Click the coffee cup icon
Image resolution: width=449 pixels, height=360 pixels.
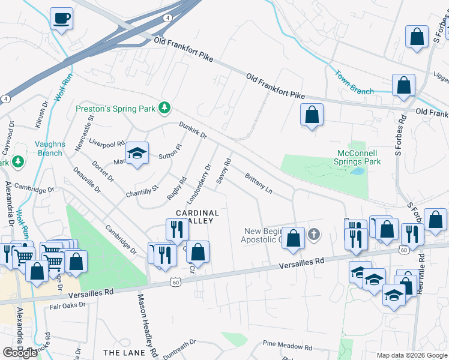pyautogui.click(x=61, y=19)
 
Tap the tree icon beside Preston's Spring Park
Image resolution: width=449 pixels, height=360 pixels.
pyautogui.click(x=164, y=109)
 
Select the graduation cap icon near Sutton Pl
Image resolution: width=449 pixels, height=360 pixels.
pyautogui.click(x=137, y=154)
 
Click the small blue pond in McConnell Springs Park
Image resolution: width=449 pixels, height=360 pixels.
pyautogui.click(x=358, y=172)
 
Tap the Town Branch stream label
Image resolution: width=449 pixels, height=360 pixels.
pyautogui.click(x=354, y=84)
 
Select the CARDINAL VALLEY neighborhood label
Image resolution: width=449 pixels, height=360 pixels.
pyautogui.click(x=197, y=217)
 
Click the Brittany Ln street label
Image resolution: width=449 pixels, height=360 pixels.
pyautogui.click(x=259, y=184)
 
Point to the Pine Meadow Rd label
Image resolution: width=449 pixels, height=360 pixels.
pyautogui.click(x=288, y=347)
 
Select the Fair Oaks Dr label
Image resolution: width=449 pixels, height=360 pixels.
pyautogui.click(x=68, y=305)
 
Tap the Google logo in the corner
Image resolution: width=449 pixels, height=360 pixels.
pyautogui.click(x=20, y=353)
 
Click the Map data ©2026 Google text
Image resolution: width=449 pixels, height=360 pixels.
pyautogui.click(x=411, y=355)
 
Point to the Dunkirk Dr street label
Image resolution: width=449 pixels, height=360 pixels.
pyautogui.click(x=193, y=131)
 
